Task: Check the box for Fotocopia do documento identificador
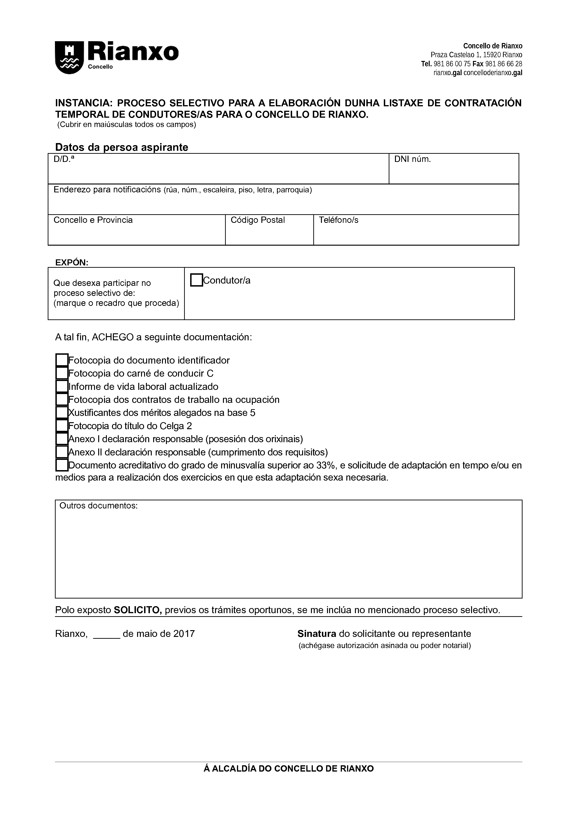62,360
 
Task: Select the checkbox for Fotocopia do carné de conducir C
62,373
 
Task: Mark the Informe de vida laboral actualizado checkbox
62,386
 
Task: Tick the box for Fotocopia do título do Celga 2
62,425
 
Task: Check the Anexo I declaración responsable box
62,438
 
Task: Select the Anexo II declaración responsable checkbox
62,452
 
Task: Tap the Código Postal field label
258,220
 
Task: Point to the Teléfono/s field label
338,220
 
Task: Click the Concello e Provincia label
93,220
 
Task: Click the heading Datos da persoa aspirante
121,147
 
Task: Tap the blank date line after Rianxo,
107,634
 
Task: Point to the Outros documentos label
98,506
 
